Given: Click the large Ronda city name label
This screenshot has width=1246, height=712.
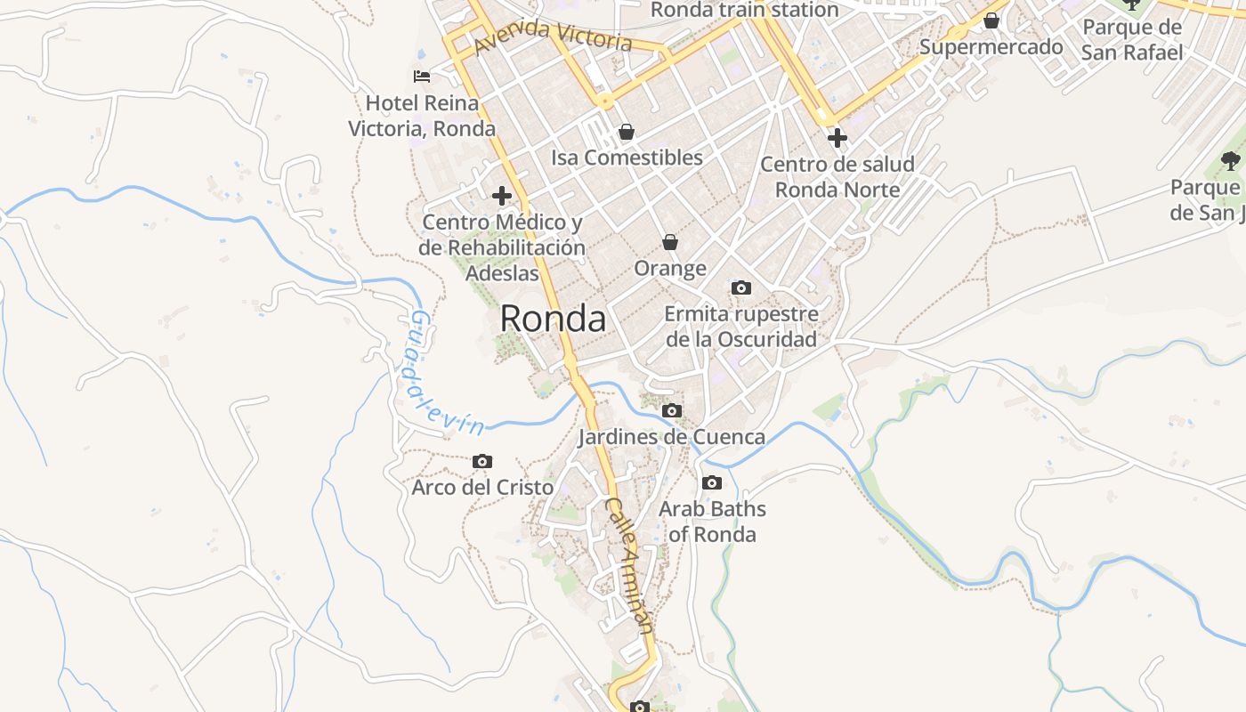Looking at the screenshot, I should click(553, 319).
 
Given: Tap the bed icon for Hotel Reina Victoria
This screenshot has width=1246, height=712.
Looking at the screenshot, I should click(422, 77).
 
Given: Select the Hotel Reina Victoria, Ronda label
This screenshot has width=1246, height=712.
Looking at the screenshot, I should click(422, 116).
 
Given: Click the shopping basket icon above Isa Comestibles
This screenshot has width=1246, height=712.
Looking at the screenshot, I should click(627, 132).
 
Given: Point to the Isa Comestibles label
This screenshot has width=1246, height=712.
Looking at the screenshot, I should click(627, 158).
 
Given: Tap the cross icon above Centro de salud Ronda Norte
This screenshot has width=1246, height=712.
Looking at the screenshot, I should click(837, 138).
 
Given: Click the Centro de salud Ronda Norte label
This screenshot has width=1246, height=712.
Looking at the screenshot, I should click(837, 177).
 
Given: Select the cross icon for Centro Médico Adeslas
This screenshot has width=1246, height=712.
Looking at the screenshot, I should click(502, 196).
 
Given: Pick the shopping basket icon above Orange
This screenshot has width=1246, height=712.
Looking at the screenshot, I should click(670, 242).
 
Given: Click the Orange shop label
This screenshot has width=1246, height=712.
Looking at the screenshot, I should click(670, 268).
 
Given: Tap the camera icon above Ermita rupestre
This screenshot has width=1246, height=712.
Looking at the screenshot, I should click(741, 287).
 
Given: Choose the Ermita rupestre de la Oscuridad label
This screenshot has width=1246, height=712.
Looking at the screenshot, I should click(741, 327).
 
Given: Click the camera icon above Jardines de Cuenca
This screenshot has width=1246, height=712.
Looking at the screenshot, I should click(672, 411).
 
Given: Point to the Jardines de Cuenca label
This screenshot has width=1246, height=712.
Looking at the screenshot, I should click(672, 437).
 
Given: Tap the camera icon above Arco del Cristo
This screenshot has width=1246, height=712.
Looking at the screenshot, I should click(482, 461).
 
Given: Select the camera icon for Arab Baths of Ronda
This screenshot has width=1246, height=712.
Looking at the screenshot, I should click(712, 483).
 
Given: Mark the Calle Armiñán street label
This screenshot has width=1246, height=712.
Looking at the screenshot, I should click(630, 565).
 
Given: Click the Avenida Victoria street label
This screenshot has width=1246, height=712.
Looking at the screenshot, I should click(554, 36).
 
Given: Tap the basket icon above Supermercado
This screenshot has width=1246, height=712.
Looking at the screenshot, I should click(991, 20).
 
